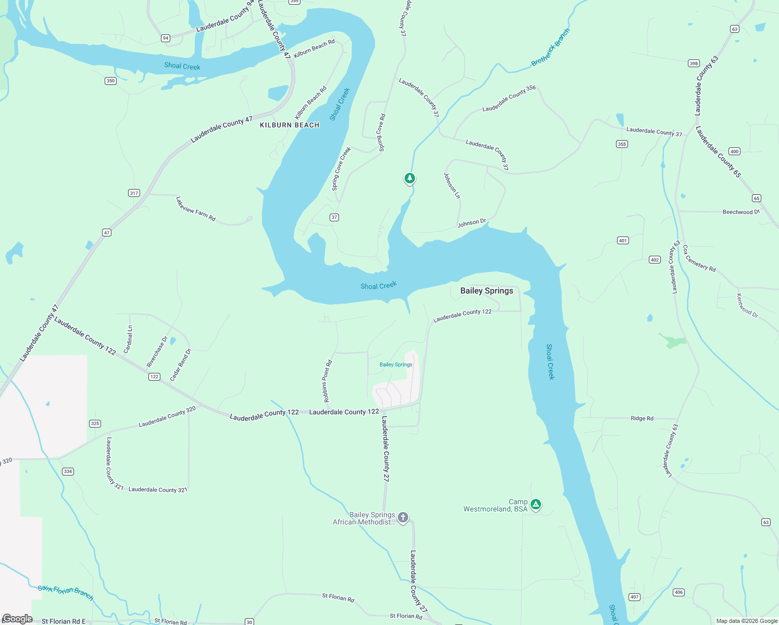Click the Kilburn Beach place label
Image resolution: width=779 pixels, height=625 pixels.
(x=290, y=125)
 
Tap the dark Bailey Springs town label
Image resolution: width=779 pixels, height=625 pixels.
(x=486, y=291)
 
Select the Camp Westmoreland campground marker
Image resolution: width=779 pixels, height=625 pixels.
(x=536, y=504)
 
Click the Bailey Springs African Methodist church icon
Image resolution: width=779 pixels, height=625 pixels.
(x=403, y=517)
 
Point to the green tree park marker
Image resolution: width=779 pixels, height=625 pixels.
(x=410, y=179)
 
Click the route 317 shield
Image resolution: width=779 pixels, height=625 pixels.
(x=134, y=193)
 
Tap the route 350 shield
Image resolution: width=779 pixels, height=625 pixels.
(x=110, y=81)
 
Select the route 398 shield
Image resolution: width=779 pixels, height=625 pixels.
(x=694, y=64)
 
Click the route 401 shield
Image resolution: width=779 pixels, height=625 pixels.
(x=623, y=241)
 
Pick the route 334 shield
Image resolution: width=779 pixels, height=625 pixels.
(x=68, y=471)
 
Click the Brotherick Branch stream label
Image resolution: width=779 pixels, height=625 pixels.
(x=550, y=47)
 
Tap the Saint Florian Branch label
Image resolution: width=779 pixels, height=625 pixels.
(x=66, y=592)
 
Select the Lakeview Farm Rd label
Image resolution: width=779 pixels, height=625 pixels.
(x=196, y=209)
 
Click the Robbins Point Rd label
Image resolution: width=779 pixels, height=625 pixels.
(x=327, y=381)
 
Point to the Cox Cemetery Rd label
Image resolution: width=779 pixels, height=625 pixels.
(x=699, y=258)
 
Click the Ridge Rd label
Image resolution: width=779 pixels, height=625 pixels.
(x=642, y=418)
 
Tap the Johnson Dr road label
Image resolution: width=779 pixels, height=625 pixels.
(x=471, y=223)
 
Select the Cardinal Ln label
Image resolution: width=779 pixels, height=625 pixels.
(x=130, y=339)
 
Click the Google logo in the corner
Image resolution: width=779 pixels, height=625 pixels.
(x=17, y=619)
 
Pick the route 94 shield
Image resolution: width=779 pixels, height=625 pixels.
(x=166, y=38)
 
